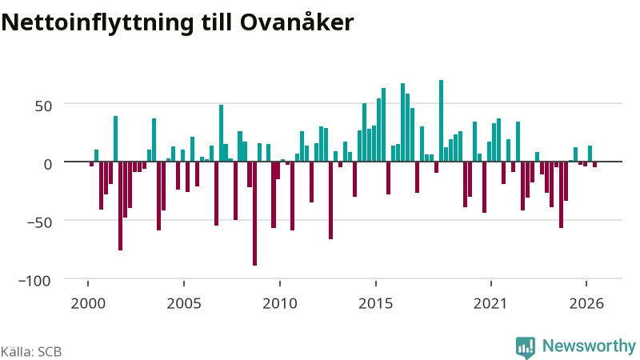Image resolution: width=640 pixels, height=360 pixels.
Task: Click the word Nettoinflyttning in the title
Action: coord(97,23)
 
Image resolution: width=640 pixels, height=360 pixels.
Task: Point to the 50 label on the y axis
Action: coord(43,106)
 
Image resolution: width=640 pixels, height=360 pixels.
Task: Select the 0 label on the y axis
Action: coord(48,165)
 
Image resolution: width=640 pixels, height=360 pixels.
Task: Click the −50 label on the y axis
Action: coord(39,223)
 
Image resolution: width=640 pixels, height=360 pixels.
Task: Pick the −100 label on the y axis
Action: coord(34,281)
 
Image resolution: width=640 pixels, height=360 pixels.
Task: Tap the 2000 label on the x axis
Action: coord(88,304)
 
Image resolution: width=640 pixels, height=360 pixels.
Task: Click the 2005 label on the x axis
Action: coord(184,304)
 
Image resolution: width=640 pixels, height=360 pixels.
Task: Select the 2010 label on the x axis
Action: coord(280,304)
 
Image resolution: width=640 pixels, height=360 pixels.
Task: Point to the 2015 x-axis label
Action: coord(375,304)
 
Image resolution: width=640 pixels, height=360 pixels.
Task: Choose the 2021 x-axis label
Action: coord(490,304)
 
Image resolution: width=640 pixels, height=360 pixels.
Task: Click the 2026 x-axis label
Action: coord(586,304)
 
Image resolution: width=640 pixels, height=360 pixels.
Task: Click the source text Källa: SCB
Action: coord(31,352)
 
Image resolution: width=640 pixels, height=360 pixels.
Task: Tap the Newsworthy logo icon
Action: coord(526,347)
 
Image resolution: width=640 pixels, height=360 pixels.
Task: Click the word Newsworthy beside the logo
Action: coord(589,346)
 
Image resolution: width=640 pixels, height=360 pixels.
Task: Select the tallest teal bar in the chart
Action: coord(442,121)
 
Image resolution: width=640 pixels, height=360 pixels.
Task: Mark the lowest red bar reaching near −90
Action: coord(254,214)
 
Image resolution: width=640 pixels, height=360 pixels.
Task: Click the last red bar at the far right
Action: coord(595,165)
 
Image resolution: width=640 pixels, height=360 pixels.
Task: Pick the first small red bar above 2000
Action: coord(92,164)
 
